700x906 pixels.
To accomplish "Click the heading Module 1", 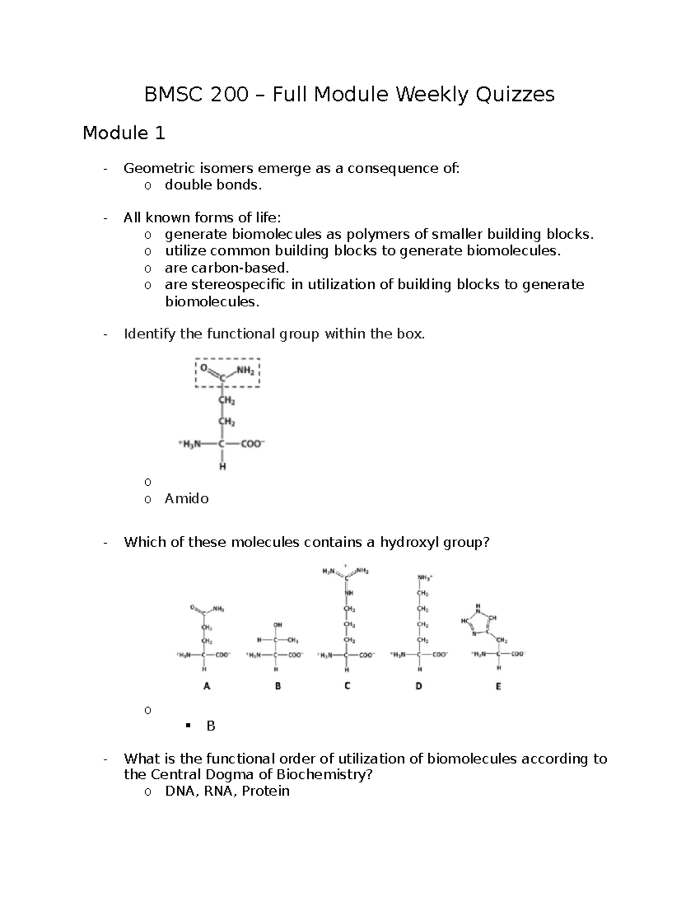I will [124, 134].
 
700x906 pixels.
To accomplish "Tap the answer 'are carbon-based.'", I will [227, 268].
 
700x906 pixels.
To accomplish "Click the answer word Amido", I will [186, 498].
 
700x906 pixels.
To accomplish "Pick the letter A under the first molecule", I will [206, 687].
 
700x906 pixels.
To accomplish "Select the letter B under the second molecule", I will [278, 687].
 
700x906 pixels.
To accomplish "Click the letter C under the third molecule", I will [347, 687].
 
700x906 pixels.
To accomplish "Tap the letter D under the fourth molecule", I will [418, 687].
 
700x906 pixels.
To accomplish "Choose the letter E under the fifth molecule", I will [498, 687].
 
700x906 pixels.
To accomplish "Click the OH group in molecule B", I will [278, 625].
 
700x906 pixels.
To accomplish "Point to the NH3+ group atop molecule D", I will [424, 578].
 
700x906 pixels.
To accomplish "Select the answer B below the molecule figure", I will [211, 726].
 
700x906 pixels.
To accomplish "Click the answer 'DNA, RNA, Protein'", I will [227, 791].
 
